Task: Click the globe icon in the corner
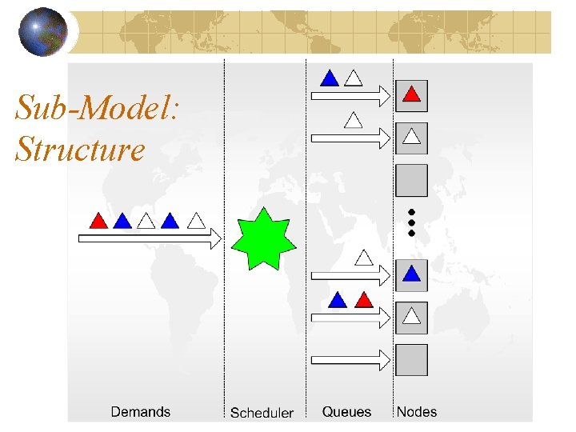[x=43, y=32]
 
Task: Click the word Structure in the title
[x=80, y=150]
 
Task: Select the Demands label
[x=141, y=412]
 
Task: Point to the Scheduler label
[x=262, y=413]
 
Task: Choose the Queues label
[x=346, y=412]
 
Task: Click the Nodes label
[x=417, y=412]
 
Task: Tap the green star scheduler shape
[x=263, y=238]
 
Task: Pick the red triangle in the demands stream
[x=98, y=221]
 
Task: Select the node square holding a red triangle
[x=411, y=95]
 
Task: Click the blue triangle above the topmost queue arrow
[x=329, y=78]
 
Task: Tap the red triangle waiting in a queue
[x=364, y=301]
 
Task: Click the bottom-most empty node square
[x=411, y=360]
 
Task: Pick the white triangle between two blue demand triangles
[x=146, y=221]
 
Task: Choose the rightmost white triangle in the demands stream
[x=195, y=221]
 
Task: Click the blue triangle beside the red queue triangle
[x=338, y=301]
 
